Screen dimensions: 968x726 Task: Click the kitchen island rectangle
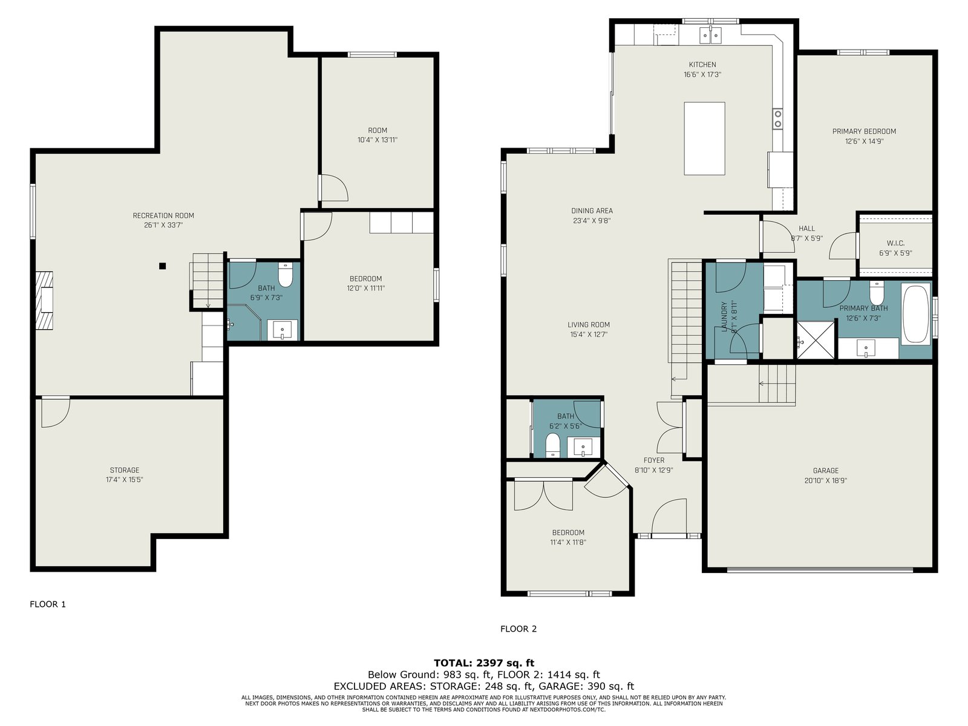(x=704, y=139)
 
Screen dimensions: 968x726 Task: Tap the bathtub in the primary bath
(x=916, y=314)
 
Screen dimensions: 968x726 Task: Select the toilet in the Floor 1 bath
(x=286, y=275)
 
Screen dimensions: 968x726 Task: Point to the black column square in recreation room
(x=162, y=266)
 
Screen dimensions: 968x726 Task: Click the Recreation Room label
(x=163, y=215)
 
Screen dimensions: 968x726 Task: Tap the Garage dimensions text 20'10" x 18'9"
(x=826, y=480)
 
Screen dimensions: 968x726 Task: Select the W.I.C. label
(x=895, y=243)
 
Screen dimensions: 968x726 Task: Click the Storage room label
(x=125, y=470)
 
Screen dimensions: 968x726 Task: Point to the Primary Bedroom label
(x=864, y=131)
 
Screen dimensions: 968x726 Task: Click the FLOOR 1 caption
(x=48, y=604)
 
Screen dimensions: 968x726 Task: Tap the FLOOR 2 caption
(x=518, y=629)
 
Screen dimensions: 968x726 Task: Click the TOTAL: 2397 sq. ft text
(x=484, y=663)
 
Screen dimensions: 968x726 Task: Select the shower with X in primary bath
(x=816, y=339)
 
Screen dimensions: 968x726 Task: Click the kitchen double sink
(x=710, y=35)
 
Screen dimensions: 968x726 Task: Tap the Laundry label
(x=724, y=316)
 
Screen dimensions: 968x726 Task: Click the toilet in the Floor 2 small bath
(x=552, y=445)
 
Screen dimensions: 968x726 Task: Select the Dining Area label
(x=592, y=211)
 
